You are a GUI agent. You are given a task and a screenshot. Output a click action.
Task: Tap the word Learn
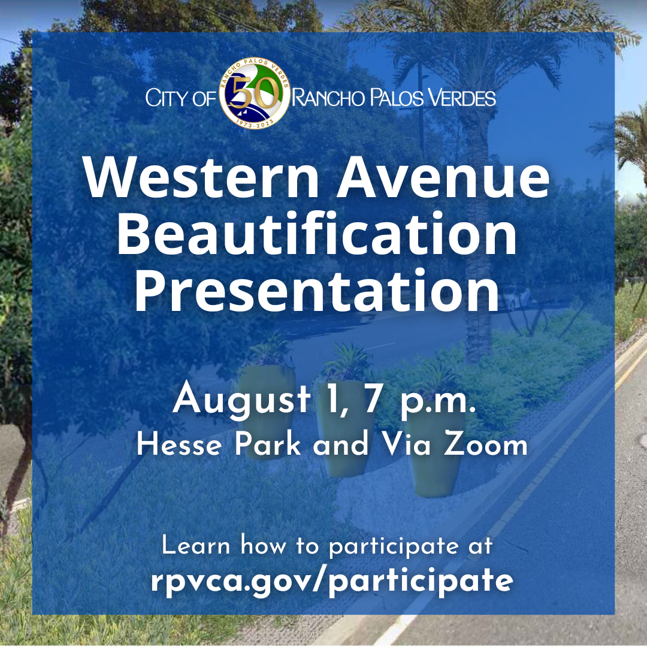coord(196,546)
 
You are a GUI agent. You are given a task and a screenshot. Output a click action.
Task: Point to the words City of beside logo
coord(180,98)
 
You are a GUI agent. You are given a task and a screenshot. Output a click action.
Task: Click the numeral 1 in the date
coord(322,400)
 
